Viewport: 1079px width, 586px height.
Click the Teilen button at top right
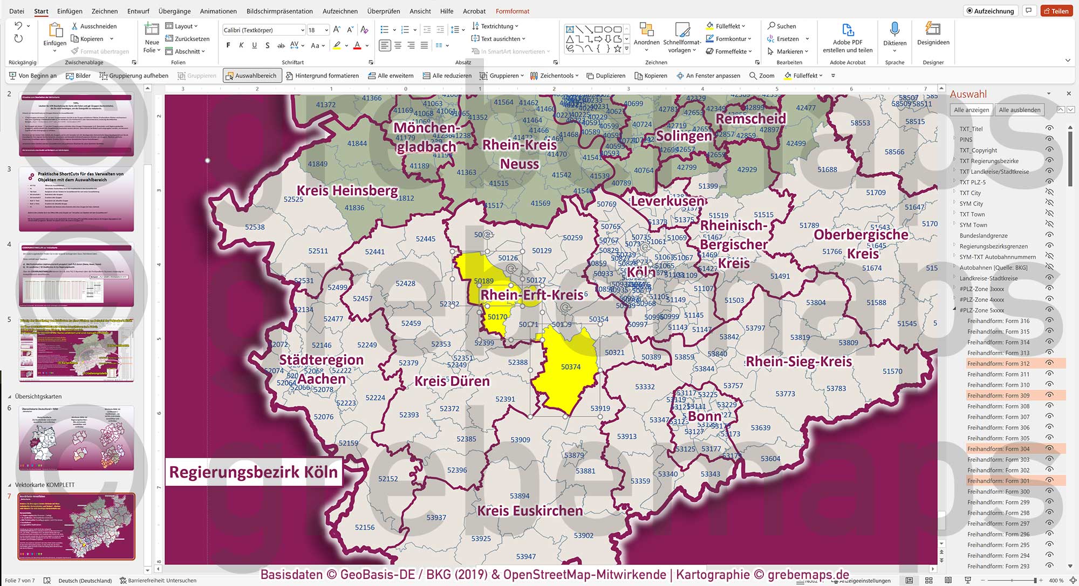1056,11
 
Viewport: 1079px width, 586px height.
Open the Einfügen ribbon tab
70,11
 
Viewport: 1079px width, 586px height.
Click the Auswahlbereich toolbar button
251,76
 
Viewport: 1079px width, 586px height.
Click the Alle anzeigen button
971,110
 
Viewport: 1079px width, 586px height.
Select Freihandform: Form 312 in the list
998,364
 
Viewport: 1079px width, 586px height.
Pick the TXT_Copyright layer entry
978,151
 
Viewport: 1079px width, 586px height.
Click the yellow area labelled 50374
570,367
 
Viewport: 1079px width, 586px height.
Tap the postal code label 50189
483,281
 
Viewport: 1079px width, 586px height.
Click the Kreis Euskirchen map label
530,510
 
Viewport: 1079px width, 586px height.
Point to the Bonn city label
705,417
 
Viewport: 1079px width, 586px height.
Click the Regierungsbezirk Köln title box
254,472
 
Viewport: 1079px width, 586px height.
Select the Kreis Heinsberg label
347,191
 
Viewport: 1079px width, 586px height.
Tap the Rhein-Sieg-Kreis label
798,362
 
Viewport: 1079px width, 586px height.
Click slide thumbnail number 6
76,438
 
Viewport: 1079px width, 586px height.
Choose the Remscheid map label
750,119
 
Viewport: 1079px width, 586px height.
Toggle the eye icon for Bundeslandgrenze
1049,235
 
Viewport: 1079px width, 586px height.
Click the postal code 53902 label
583,535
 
